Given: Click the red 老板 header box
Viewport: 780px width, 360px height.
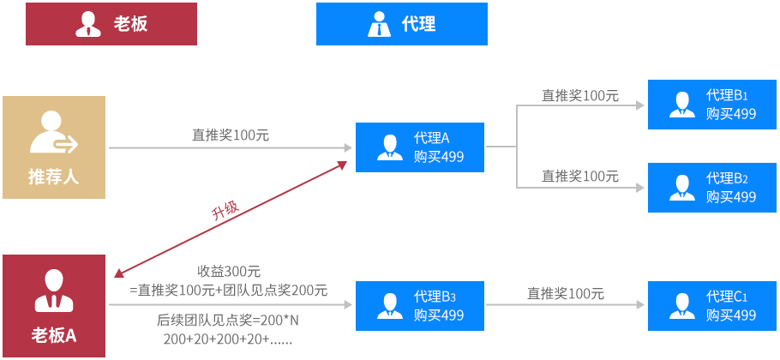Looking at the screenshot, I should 111,24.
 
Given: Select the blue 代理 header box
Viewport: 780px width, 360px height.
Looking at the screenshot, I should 401,24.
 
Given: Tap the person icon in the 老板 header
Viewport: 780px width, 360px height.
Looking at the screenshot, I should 88,24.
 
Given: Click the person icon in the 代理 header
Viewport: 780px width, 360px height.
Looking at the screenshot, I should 378,24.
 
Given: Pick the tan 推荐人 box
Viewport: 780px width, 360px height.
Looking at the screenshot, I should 54,147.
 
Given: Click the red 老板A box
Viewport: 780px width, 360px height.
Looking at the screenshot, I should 54,306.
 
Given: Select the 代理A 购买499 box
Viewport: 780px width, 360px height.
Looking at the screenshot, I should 420,147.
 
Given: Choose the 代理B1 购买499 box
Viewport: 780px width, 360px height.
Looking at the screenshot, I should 712,105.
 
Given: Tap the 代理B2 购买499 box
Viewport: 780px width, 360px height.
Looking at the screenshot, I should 712,188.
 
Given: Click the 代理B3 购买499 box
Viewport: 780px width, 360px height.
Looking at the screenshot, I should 420,306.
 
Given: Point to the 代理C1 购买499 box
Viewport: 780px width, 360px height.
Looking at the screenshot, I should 712,306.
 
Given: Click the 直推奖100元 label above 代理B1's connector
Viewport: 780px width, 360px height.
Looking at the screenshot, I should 580,95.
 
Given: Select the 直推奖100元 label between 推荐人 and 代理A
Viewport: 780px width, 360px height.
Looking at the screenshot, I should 231,135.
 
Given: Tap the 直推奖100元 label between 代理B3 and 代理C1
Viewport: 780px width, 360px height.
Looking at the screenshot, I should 566,293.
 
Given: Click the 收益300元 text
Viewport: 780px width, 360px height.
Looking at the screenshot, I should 229,272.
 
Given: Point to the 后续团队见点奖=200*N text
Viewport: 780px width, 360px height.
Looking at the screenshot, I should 228,321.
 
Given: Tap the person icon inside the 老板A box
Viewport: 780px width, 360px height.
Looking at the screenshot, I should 53,291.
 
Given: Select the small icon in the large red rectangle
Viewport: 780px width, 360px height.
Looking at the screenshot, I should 229,209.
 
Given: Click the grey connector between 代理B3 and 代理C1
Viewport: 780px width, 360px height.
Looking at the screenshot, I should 566,304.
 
